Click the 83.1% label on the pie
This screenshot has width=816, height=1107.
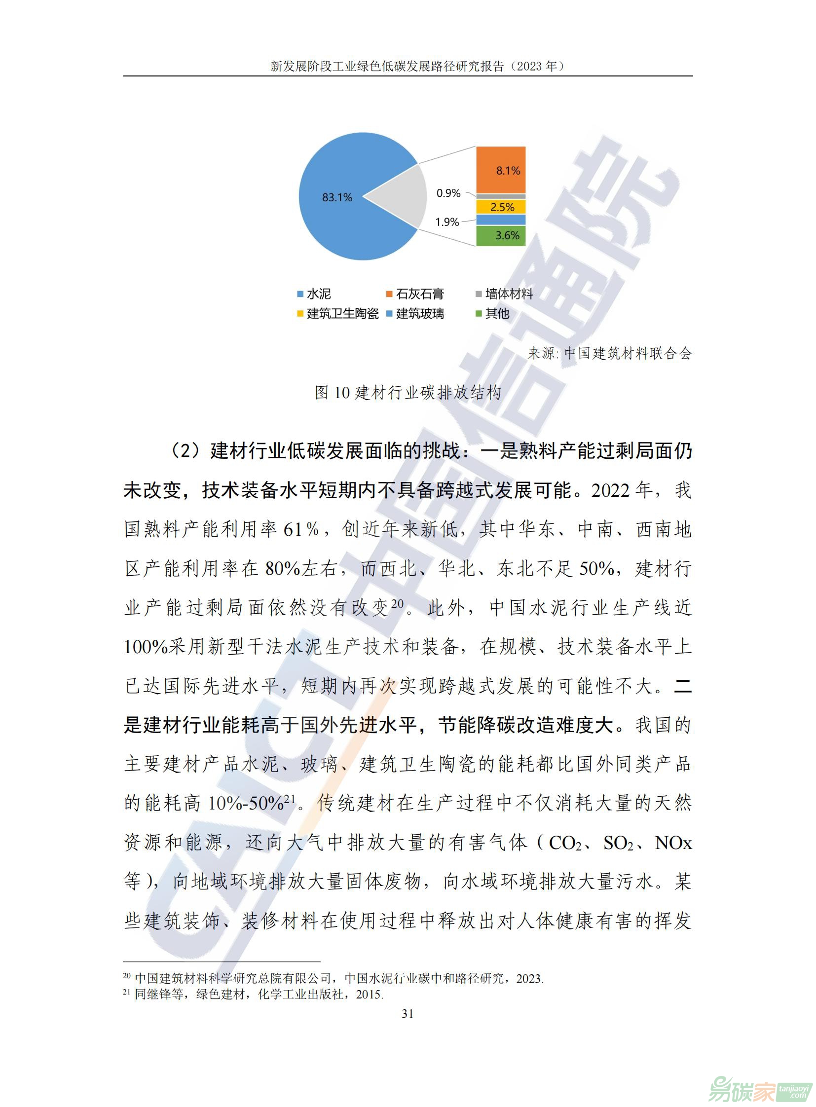click(x=337, y=198)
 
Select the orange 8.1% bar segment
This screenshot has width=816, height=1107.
click(x=500, y=170)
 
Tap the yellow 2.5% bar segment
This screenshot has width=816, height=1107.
click(x=501, y=207)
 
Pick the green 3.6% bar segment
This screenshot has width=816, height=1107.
click(x=501, y=236)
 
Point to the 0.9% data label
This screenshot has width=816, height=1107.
click(x=448, y=193)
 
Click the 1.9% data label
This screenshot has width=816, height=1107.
click(x=447, y=222)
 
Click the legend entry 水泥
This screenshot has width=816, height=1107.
click(x=314, y=295)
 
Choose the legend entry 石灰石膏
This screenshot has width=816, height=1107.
click(x=415, y=295)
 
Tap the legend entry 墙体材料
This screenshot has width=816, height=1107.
click(x=504, y=295)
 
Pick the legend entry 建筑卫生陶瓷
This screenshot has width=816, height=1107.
click(x=338, y=314)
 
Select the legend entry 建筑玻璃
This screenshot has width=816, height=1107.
click(x=415, y=314)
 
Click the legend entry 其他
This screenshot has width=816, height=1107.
click(x=492, y=314)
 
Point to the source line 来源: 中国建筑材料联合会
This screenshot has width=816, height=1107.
click(x=609, y=354)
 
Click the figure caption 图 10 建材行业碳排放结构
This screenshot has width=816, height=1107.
click(x=408, y=393)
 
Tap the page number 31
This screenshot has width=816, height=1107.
click(x=408, y=1014)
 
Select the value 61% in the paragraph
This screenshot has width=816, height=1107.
click(x=301, y=529)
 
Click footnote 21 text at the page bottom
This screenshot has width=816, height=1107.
click(x=253, y=994)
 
